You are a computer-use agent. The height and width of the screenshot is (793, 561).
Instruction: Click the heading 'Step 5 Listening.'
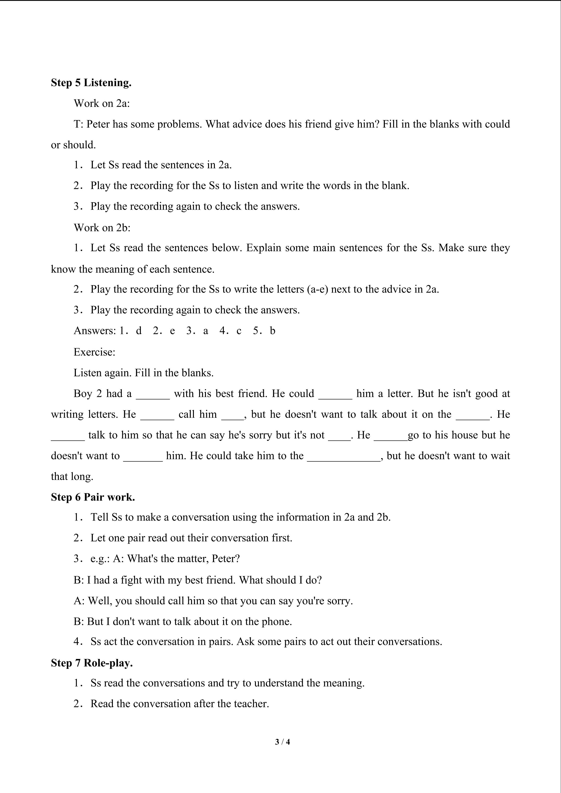point(91,83)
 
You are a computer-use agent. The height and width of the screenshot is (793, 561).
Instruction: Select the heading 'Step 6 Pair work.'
point(93,497)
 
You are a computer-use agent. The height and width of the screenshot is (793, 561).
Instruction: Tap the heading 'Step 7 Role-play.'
point(92,663)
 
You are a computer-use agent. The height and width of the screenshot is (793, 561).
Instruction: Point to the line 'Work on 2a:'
point(102,103)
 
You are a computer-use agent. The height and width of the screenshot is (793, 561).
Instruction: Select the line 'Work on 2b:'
point(102,228)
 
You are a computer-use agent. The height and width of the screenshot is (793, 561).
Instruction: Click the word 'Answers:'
point(95,331)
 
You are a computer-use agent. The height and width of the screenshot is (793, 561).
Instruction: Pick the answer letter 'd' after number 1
point(139,331)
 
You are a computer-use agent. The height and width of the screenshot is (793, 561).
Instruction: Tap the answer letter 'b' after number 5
point(273,331)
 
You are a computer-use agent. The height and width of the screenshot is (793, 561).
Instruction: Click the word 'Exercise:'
point(94,352)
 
